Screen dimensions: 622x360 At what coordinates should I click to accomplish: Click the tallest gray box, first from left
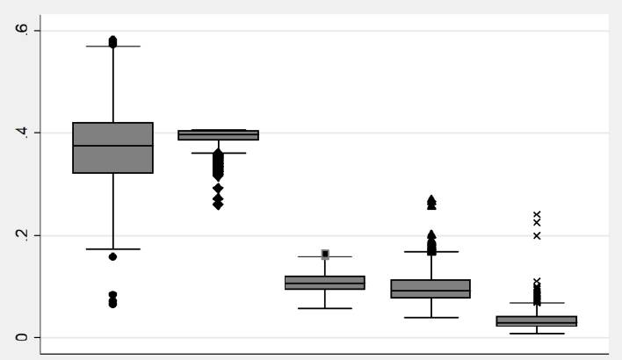click(112, 148)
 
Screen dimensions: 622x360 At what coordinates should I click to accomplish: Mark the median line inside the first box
click(112, 146)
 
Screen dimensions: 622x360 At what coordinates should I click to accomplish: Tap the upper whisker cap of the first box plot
click(112, 46)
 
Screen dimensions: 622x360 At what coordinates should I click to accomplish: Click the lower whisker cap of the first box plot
click(112, 248)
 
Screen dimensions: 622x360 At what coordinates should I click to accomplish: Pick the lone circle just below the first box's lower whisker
click(112, 257)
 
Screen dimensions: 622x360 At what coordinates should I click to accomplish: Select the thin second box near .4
click(219, 135)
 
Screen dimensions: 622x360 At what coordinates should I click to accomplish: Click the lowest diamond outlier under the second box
click(218, 205)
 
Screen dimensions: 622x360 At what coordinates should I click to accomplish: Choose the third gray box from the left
click(325, 283)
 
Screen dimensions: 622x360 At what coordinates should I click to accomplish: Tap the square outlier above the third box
click(325, 254)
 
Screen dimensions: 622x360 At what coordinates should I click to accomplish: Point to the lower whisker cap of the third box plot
click(325, 308)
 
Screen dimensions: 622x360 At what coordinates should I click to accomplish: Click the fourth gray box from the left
click(430, 289)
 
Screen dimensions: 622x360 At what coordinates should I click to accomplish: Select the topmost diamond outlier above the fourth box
click(431, 200)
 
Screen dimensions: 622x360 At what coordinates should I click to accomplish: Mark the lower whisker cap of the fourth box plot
click(430, 317)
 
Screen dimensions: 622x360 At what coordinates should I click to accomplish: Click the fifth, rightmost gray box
click(537, 320)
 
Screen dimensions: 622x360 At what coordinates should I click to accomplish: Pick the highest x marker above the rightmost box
click(537, 214)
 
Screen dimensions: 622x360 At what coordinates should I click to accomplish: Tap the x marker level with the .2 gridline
click(537, 235)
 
